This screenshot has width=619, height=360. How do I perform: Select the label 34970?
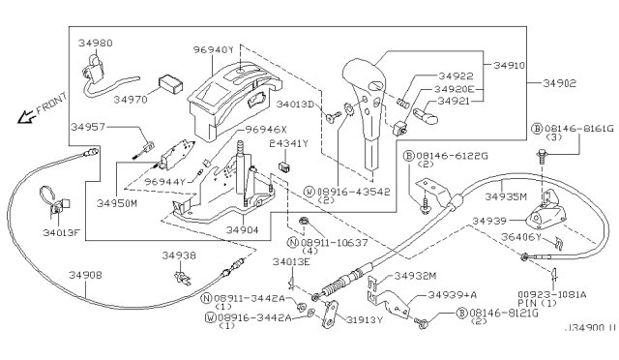[x=130, y=98]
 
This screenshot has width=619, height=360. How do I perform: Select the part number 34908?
[x=85, y=276]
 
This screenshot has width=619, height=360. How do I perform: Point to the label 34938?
[x=179, y=255]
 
